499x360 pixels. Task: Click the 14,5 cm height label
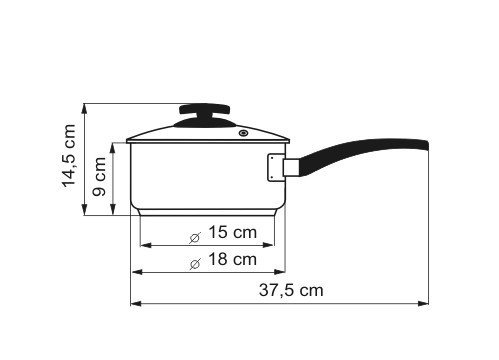pos(69,157)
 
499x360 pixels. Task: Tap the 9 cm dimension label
pos(99,177)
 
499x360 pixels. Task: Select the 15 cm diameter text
pos(232,232)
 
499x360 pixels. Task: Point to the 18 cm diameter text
pos(232,259)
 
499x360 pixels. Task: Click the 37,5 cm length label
pos(291,290)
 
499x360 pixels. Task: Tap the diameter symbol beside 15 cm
pos(195,237)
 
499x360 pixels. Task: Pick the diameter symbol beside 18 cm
pos(195,264)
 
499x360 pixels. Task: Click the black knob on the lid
pos(205,115)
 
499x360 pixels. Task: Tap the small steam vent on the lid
pos(244,134)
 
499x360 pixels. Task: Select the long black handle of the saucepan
pos(363,154)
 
